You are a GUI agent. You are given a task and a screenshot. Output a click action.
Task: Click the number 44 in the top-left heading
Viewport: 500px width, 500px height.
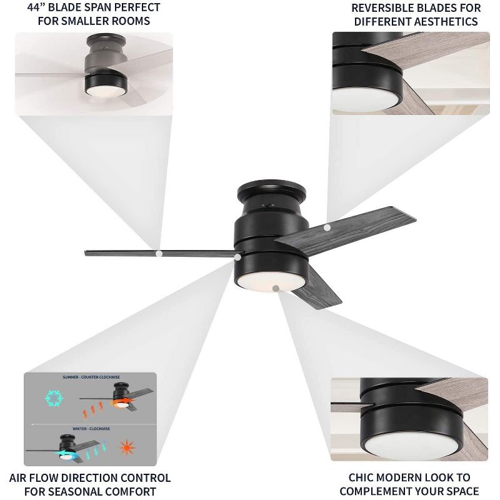pyautogui.click(x=35, y=7)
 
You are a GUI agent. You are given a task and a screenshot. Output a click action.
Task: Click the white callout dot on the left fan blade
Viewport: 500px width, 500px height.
pyautogui.click(x=159, y=254)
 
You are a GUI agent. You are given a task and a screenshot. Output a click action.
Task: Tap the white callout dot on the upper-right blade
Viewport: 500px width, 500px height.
pyautogui.click(x=327, y=228)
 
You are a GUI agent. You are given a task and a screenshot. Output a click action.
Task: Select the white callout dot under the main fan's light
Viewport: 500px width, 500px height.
pyautogui.click(x=276, y=287)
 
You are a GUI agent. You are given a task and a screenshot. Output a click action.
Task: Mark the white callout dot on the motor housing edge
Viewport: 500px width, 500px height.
pyautogui.click(x=237, y=256)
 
